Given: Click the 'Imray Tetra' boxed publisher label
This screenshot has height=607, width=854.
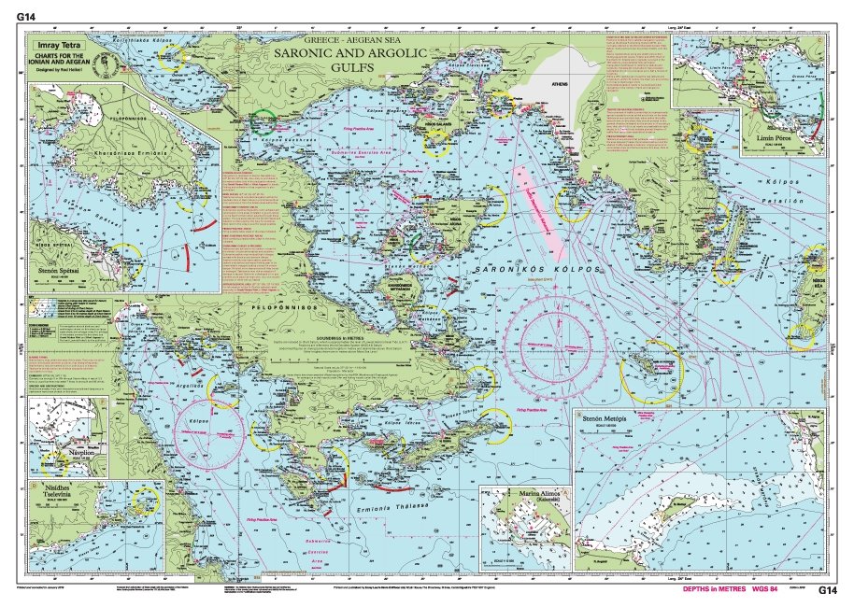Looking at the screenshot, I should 59,44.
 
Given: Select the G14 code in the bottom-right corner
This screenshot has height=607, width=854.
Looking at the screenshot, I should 829,590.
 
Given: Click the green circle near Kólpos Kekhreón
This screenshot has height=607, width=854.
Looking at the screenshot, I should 264,121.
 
